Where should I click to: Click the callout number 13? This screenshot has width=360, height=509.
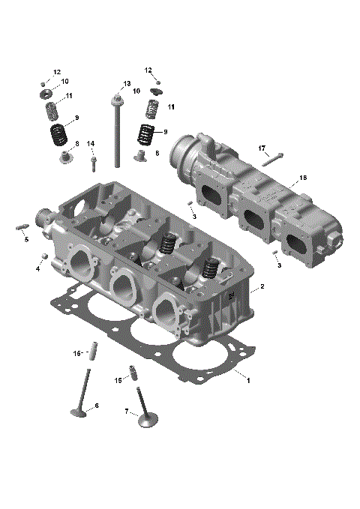coord(127,83)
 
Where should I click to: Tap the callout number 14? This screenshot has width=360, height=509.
coord(91,143)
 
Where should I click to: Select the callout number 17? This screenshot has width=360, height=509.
coord(263,148)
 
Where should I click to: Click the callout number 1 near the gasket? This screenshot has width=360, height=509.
coord(248,381)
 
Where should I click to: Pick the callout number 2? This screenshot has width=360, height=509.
coord(262,287)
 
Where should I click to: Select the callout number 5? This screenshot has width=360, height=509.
coord(25,240)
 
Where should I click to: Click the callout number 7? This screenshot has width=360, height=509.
coord(127,411)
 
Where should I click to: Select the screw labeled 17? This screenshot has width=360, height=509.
coord(272,157)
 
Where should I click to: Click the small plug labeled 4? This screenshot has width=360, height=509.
coord(45,256)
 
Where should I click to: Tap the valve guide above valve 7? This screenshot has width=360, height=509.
coord(133,373)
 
